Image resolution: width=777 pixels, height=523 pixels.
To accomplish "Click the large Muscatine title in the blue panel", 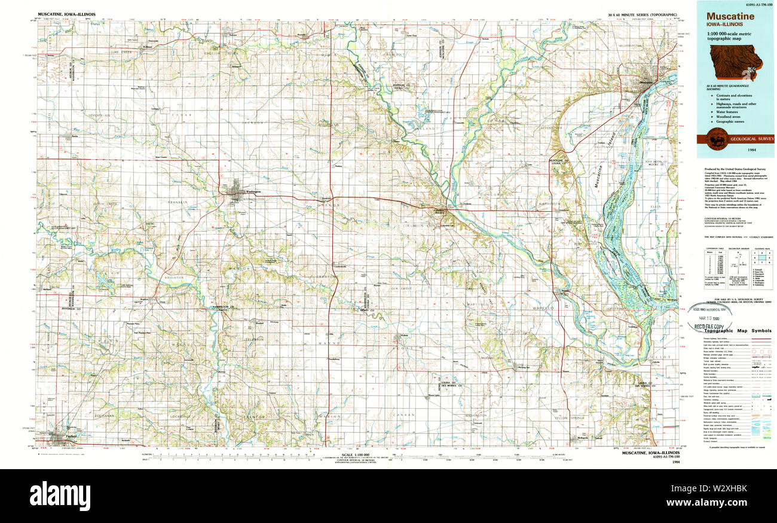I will click(x=730, y=17).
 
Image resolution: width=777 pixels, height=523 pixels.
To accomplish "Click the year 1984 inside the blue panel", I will click(x=736, y=148).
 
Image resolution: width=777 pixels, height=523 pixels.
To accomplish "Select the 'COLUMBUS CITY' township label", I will click(x=420, y=226).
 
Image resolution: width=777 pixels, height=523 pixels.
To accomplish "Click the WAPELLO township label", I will click(x=544, y=307).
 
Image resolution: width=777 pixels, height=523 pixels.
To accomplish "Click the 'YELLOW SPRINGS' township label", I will click(x=568, y=418).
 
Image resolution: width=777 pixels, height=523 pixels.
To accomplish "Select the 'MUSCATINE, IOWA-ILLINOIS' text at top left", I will click(x=66, y=13).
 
